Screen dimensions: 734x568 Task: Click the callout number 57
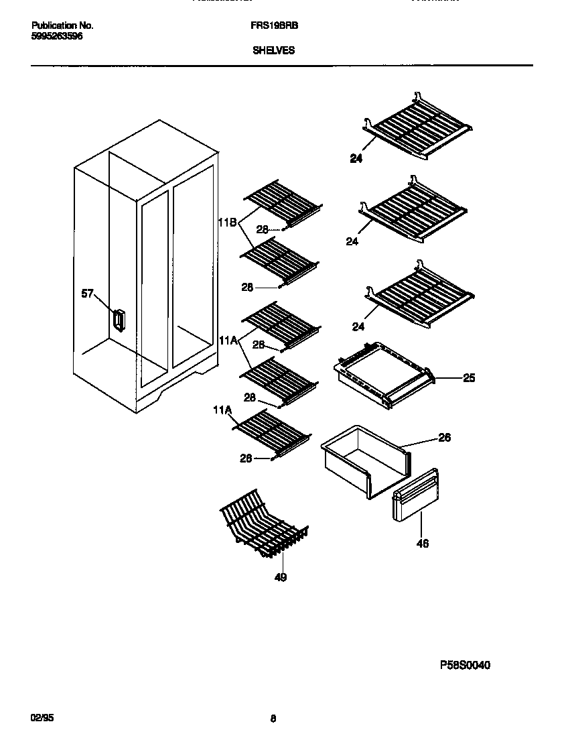coord(87,294)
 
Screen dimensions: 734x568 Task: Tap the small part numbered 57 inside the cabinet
coord(119,320)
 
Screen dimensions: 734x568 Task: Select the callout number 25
coord(469,378)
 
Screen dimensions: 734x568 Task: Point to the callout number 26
coord(444,438)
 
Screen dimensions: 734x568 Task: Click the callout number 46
coord(422,544)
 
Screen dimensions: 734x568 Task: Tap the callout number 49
coord(281,577)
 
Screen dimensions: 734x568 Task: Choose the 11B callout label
coord(227,223)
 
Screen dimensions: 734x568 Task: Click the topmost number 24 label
coord(356,159)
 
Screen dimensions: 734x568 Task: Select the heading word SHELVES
coord(273,50)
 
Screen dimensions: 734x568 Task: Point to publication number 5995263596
coord(57,36)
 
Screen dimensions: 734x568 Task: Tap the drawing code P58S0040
coord(465,666)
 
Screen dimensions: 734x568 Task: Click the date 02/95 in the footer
coord(42,717)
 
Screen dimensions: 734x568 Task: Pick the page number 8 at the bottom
coord(273,719)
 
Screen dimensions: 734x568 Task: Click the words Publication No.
coord(62,25)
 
